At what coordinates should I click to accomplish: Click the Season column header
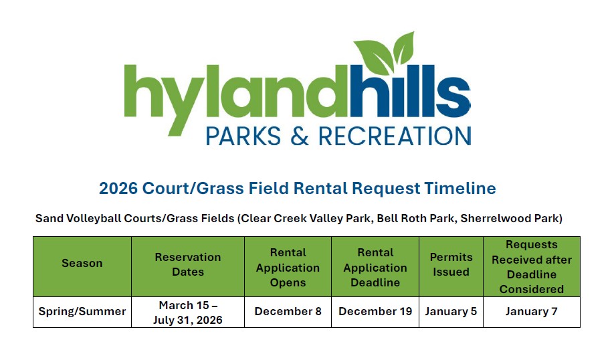tap(82, 263)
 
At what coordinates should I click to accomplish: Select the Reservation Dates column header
tap(188, 264)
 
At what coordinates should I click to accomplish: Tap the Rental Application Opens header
tap(288, 267)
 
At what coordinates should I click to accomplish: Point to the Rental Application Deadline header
tap(375, 267)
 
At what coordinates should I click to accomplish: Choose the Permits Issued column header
tap(451, 264)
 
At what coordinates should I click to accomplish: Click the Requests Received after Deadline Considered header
tap(532, 266)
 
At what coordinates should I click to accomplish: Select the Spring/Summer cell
tap(82, 312)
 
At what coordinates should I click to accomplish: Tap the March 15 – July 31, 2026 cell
tap(188, 312)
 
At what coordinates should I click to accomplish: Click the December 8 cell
tap(288, 311)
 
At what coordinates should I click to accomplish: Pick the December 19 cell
tap(375, 311)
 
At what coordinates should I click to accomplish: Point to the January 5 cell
tap(451, 312)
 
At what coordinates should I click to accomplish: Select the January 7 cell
tap(532, 312)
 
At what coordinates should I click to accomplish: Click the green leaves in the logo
tap(383, 53)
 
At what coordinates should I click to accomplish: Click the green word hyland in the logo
tap(235, 99)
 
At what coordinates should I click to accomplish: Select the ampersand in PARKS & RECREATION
tap(300, 137)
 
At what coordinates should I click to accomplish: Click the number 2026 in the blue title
tap(118, 188)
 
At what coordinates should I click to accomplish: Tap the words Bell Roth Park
tap(415, 218)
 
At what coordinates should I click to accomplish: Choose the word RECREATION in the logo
tap(395, 137)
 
